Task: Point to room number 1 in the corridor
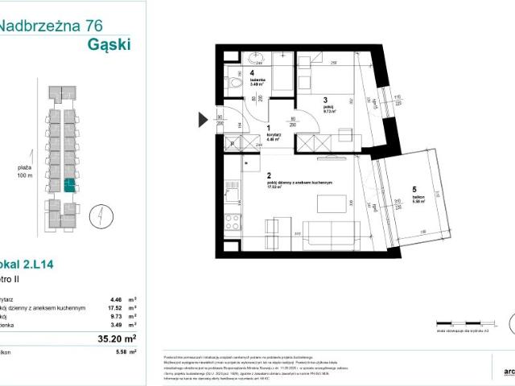[x=269, y=127]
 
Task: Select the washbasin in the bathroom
[x=257, y=58]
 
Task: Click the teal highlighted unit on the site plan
[x=69, y=184]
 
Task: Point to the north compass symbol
[x=96, y=216]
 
